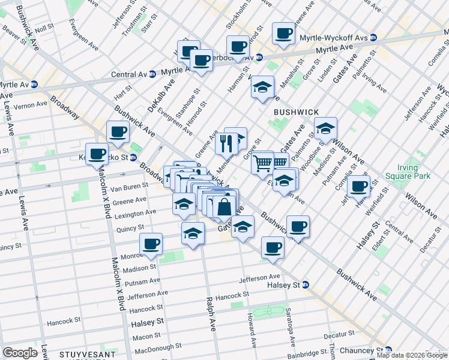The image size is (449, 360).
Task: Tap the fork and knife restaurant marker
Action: point(226,143)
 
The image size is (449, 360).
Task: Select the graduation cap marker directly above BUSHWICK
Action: point(262,88)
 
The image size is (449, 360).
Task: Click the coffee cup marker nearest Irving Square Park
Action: point(358,186)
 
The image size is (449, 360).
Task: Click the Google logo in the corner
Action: point(19,352)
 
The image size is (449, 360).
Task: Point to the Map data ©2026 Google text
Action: point(412,355)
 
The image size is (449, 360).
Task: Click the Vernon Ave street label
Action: point(30,104)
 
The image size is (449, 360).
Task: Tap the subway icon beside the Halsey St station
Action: point(306,284)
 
